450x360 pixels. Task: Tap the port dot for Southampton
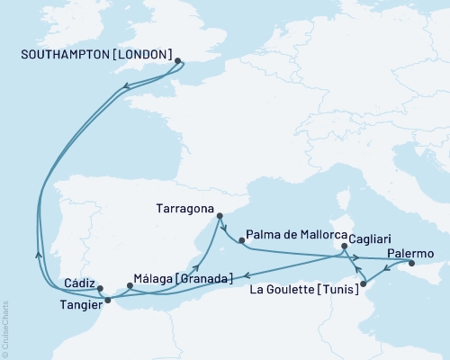point(178,61)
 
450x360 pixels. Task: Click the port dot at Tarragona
point(216,216)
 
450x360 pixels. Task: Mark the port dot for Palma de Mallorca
point(241,240)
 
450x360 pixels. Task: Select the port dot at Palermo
point(411,264)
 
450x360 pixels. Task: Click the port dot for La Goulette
point(363,285)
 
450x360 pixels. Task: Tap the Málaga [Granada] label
point(183,277)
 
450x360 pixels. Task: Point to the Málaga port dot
point(130,286)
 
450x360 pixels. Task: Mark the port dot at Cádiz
point(100,289)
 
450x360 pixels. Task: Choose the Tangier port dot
point(108,301)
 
